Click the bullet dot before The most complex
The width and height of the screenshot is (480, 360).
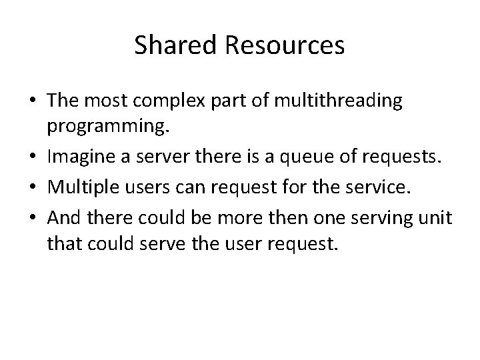(31, 101)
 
